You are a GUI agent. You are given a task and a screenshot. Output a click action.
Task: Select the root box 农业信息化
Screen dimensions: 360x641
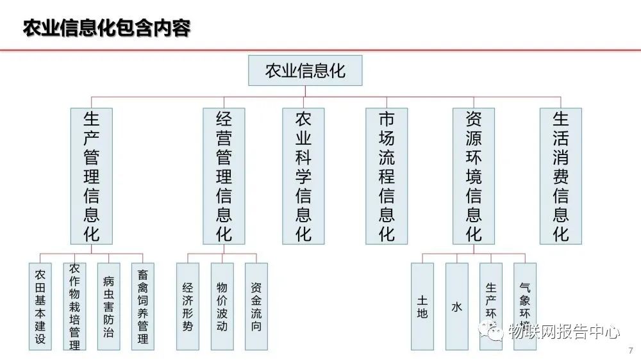305,70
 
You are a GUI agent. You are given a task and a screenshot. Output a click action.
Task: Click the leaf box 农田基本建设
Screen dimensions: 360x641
40,306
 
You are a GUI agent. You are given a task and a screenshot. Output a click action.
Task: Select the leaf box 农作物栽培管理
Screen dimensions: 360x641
74,306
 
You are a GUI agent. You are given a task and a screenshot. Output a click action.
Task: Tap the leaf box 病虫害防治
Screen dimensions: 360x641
108,306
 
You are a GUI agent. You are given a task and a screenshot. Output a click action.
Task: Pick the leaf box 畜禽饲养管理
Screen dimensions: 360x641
143,306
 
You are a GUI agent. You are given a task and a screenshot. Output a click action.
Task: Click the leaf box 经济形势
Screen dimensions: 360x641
188,306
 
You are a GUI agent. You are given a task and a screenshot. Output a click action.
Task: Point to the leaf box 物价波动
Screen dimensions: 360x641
222,306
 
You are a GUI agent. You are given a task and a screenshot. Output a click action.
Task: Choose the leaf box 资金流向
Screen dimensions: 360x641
256,306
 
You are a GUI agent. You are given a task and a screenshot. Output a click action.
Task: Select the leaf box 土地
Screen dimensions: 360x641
422,306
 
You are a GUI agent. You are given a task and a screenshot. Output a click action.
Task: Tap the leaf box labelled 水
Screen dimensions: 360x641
456,306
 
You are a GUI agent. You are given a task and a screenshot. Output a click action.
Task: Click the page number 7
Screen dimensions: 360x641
631,350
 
